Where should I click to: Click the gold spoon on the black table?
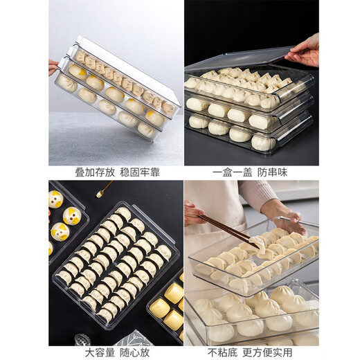105,190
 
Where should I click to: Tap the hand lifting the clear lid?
305,50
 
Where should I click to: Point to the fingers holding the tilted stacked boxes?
53,66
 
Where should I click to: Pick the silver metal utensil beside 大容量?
82,340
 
